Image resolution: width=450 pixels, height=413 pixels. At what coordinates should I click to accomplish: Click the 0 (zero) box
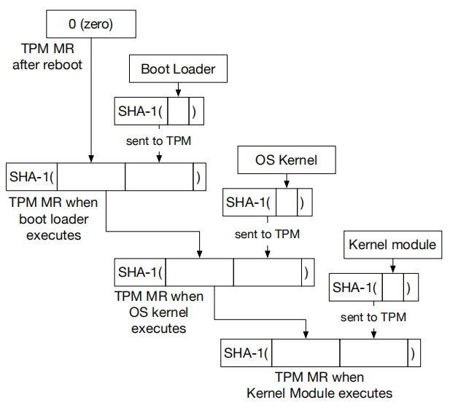point(91,24)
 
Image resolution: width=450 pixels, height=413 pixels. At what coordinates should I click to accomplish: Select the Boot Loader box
point(177,70)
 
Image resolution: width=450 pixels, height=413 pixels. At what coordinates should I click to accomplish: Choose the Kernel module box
point(392,244)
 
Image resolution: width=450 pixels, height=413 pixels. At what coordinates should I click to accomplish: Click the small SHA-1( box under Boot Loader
point(158,112)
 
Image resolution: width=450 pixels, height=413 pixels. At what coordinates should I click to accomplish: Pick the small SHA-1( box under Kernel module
point(374,287)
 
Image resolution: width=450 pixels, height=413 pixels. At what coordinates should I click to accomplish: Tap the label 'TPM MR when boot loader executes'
point(54,218)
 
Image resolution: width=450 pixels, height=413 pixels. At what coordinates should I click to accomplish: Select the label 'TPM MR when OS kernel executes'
point(158,312)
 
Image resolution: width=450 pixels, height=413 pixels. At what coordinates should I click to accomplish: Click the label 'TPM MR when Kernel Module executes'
point(319,385)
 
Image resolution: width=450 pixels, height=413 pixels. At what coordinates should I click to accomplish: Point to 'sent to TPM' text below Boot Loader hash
point(158,141)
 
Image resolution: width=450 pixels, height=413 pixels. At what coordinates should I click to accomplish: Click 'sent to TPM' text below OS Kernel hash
point(267,234)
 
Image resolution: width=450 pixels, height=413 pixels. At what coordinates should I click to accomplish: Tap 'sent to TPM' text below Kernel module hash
point(373,318)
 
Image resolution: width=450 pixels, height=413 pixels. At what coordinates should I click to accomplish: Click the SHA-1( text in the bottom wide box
point(246,353)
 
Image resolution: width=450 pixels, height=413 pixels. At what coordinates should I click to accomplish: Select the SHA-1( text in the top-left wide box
point(31,177)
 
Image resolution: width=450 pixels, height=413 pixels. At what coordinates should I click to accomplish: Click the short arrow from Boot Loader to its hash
point(177,90)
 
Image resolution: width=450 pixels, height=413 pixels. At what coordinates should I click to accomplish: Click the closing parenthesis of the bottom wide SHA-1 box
point(413,354)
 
